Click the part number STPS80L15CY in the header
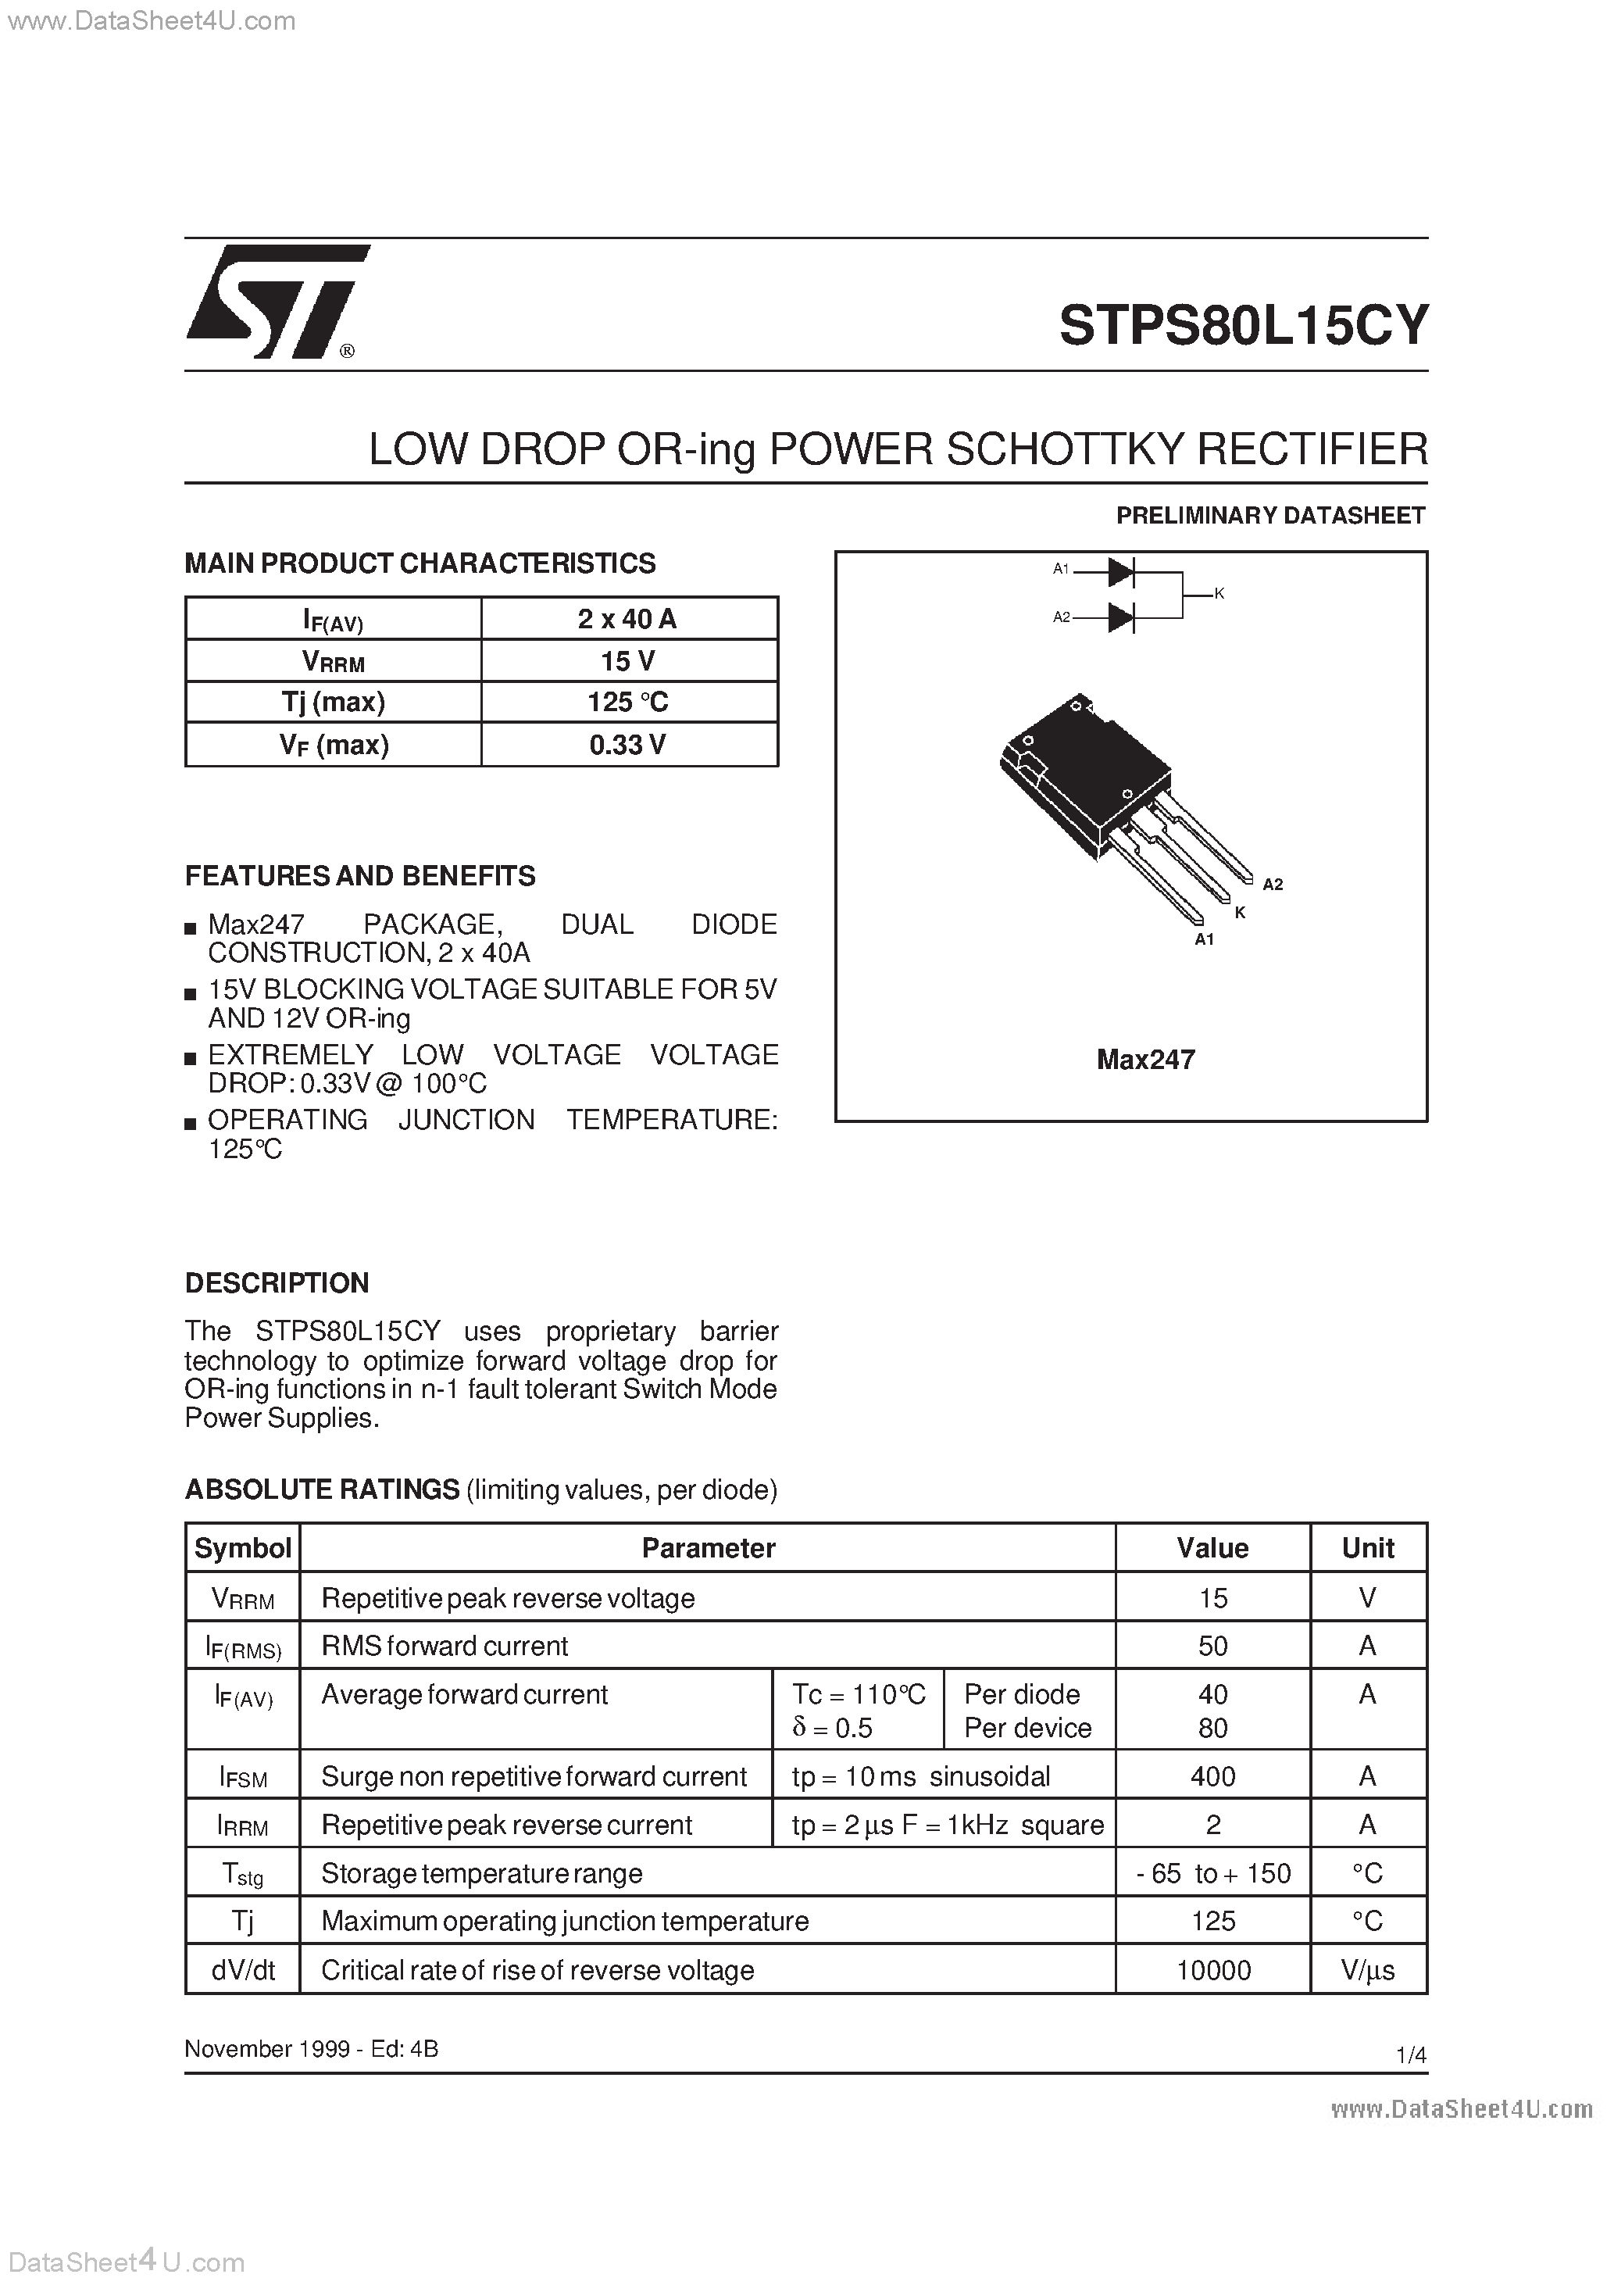tap(1243, 325)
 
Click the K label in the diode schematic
tap(1219, 594)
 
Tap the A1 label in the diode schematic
tap(1061, 569)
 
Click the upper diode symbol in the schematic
tap(1122, 572)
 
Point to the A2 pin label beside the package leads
tap(1272, 884)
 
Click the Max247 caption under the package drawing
tap(1145, 1060)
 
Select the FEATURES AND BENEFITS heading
tap(360, 876)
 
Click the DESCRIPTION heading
tap(277, 1283)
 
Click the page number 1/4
tap(1411, 2055)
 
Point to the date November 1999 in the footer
tap(266, 2048)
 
